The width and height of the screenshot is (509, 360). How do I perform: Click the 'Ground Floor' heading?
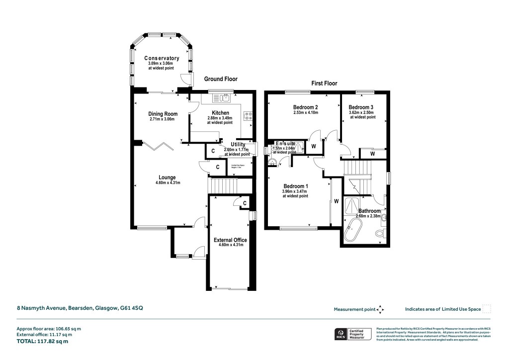coord(221,79)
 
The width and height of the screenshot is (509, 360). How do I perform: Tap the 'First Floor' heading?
coord(324,84)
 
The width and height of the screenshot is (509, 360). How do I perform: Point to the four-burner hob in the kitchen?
coord(248,116)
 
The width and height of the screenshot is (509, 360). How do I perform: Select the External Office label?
coord(230,240)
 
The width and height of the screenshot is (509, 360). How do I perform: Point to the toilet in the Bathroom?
coord(381,233)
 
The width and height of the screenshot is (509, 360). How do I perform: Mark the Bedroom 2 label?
coord(305,107)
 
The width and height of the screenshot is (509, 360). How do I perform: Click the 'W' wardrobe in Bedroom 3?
coord(372,155)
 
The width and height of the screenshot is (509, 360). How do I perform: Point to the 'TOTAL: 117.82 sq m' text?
coord(42,342)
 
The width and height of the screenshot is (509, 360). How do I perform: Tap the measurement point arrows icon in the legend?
coord(381,309)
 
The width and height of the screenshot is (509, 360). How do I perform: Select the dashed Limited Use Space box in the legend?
coord(487,309)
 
